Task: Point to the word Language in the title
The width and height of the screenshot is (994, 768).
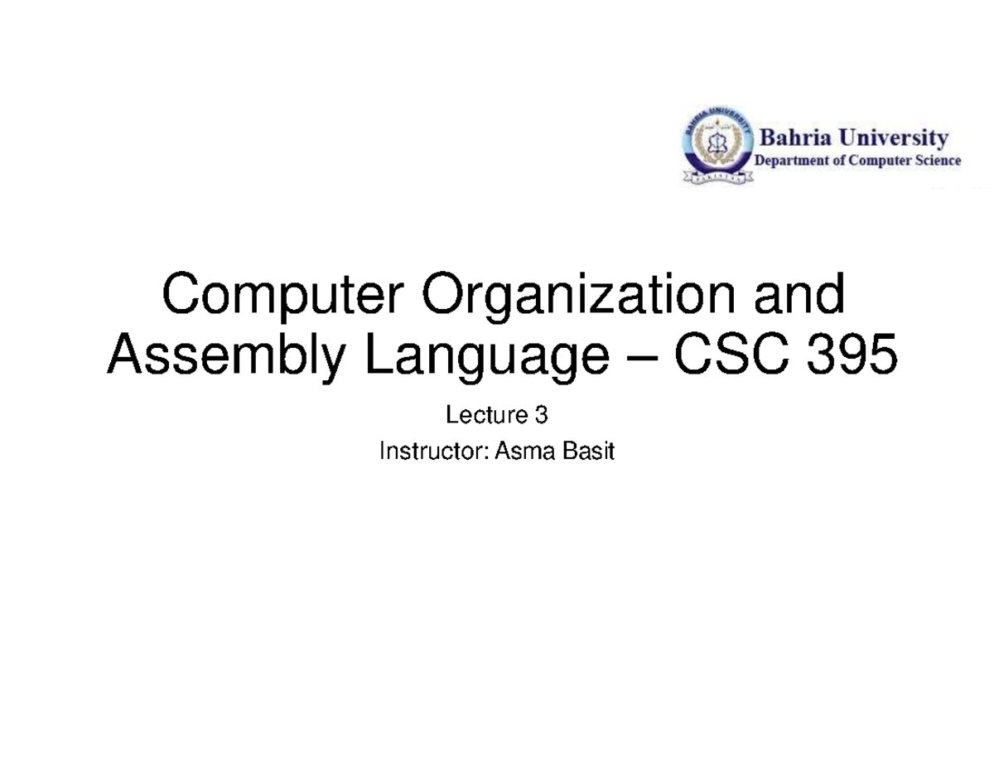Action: (488, 356)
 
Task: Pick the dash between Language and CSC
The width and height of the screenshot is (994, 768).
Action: (642, 359)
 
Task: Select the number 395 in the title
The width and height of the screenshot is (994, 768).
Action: (852, 354)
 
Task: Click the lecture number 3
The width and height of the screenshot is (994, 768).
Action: (541, 415)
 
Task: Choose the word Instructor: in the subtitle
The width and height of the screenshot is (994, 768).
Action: (435, 451)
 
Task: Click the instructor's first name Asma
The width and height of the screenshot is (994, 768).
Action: (524, 451)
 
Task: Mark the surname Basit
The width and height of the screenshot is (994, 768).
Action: (588, 451)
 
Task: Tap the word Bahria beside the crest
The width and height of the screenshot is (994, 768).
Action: (795, 138)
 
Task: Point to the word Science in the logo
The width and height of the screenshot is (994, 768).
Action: (937, 160)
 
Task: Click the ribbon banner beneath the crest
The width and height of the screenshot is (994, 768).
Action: (717, 176)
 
